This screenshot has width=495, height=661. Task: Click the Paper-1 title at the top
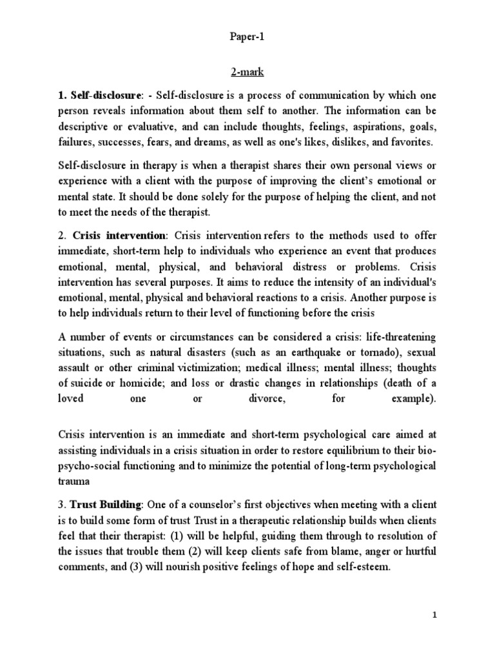247,37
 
